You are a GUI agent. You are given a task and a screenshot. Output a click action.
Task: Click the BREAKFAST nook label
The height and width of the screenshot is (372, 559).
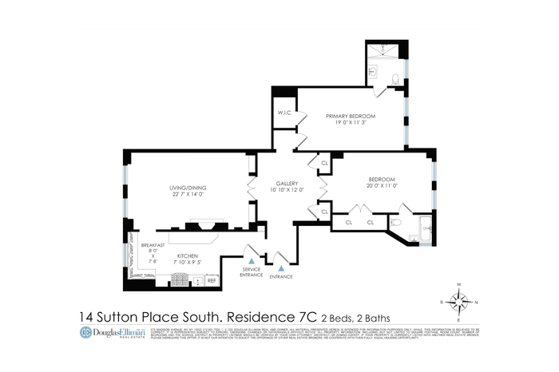[x=153, y=245]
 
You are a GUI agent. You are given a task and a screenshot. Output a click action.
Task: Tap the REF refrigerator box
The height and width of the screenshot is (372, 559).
[x=212, y=281]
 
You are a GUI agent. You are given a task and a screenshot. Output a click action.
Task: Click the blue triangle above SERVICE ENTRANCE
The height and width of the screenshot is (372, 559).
[x=252, y=260]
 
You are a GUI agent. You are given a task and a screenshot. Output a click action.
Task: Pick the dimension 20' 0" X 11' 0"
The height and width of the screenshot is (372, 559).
[x=383, y=185]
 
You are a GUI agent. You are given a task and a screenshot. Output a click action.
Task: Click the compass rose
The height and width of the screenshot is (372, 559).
[x=458, y=302]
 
